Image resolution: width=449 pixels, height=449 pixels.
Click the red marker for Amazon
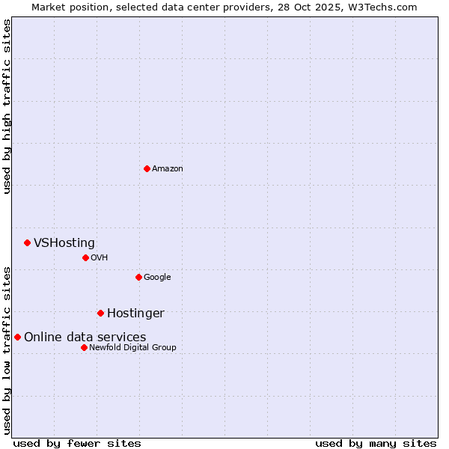coord(147,168)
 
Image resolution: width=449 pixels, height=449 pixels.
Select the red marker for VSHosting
coord(27,242)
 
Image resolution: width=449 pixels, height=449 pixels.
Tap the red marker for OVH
coord(85,257)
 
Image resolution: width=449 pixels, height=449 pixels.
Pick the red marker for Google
coord(138,277)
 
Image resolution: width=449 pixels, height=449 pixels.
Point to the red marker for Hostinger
coord(100,313)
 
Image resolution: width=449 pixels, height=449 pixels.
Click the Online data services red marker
coord(17,337)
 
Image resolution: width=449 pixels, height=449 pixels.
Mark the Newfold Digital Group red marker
coord(84,347)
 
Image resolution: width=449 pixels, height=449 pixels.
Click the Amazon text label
coord(167,168)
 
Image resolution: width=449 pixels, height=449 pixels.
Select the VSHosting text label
coord(64,242)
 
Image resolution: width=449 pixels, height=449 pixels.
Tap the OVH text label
coord(100,257)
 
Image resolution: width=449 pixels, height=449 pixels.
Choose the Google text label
coord(157,277)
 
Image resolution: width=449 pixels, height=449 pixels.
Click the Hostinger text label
coord(135,313)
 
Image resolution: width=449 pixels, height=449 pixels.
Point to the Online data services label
coord(85,337)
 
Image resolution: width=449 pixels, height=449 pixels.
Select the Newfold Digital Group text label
coord(132,347)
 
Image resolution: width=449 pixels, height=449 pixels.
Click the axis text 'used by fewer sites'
coord(77,443)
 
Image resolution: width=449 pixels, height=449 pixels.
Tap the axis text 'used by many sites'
coord(376,443)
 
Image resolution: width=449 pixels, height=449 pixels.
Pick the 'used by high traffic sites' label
coord(7,106)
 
